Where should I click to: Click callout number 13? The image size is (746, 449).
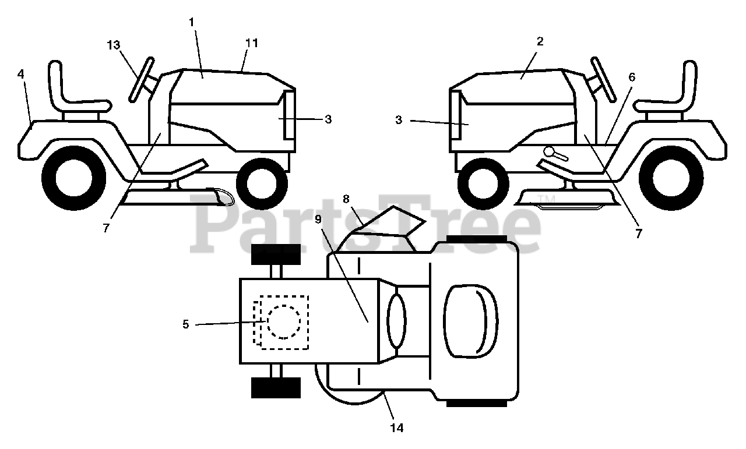[114, 45]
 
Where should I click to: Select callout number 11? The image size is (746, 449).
[252, 43]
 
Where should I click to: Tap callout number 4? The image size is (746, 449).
[21, 75]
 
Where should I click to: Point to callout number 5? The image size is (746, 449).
[186, 324]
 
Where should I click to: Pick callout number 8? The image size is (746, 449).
[346, 199]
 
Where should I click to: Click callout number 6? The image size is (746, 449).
[632, 77]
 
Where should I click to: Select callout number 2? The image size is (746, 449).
[540, 41]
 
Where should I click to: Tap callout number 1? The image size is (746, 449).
[192, 22]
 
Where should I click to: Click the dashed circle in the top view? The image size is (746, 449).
[283, 321]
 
